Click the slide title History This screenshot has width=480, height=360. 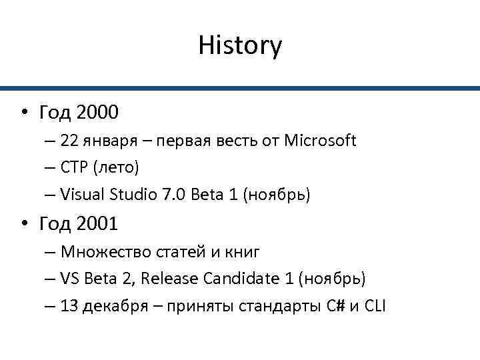(x=240, y=46)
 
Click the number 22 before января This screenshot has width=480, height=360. (x=68, y=141)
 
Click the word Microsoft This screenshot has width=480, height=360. (x=320, y=141)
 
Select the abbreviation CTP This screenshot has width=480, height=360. (x=72, y=168)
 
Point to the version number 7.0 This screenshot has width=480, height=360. (x=173, y=195)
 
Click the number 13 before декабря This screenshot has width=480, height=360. (x=68, y=306)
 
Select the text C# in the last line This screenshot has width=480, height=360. (x=335, y=306)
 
